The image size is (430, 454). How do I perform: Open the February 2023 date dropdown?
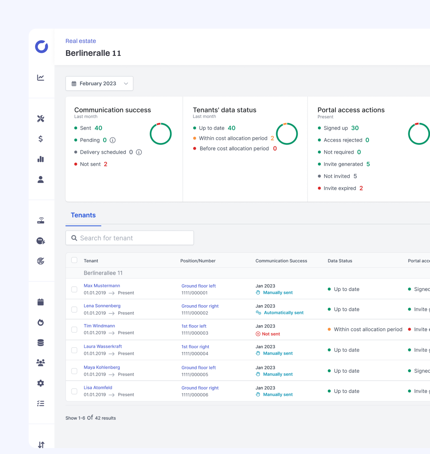coord(99,84)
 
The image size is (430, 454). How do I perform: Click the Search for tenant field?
coord(130,238)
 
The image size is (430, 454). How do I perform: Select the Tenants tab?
coord(83,215)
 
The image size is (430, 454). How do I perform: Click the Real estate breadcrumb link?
coord(81,41)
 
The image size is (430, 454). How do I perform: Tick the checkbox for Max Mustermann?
coord(74,289)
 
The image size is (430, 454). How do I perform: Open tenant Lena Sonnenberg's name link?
coord(102,306)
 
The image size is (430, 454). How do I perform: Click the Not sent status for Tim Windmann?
coord(271,334)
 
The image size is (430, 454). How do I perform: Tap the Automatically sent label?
coord(283,313)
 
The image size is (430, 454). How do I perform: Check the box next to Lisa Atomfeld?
coord(74,391)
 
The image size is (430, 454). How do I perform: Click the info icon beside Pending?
coord(113,140)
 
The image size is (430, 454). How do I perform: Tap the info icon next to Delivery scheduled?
coord(139,152)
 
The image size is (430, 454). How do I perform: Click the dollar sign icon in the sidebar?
coord(41,139)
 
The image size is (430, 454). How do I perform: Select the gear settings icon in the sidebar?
coord(41,383)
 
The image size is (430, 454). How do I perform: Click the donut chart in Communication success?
coord(161,134)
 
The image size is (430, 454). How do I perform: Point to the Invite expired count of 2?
coord(361,188)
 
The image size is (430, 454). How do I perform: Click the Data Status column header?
coord(340,261)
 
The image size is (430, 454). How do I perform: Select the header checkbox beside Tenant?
coord(74,260)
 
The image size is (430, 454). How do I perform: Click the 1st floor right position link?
coord(195,347)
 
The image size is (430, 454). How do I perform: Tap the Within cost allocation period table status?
coord(368,329)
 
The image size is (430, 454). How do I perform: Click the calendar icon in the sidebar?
coord(41,302)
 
